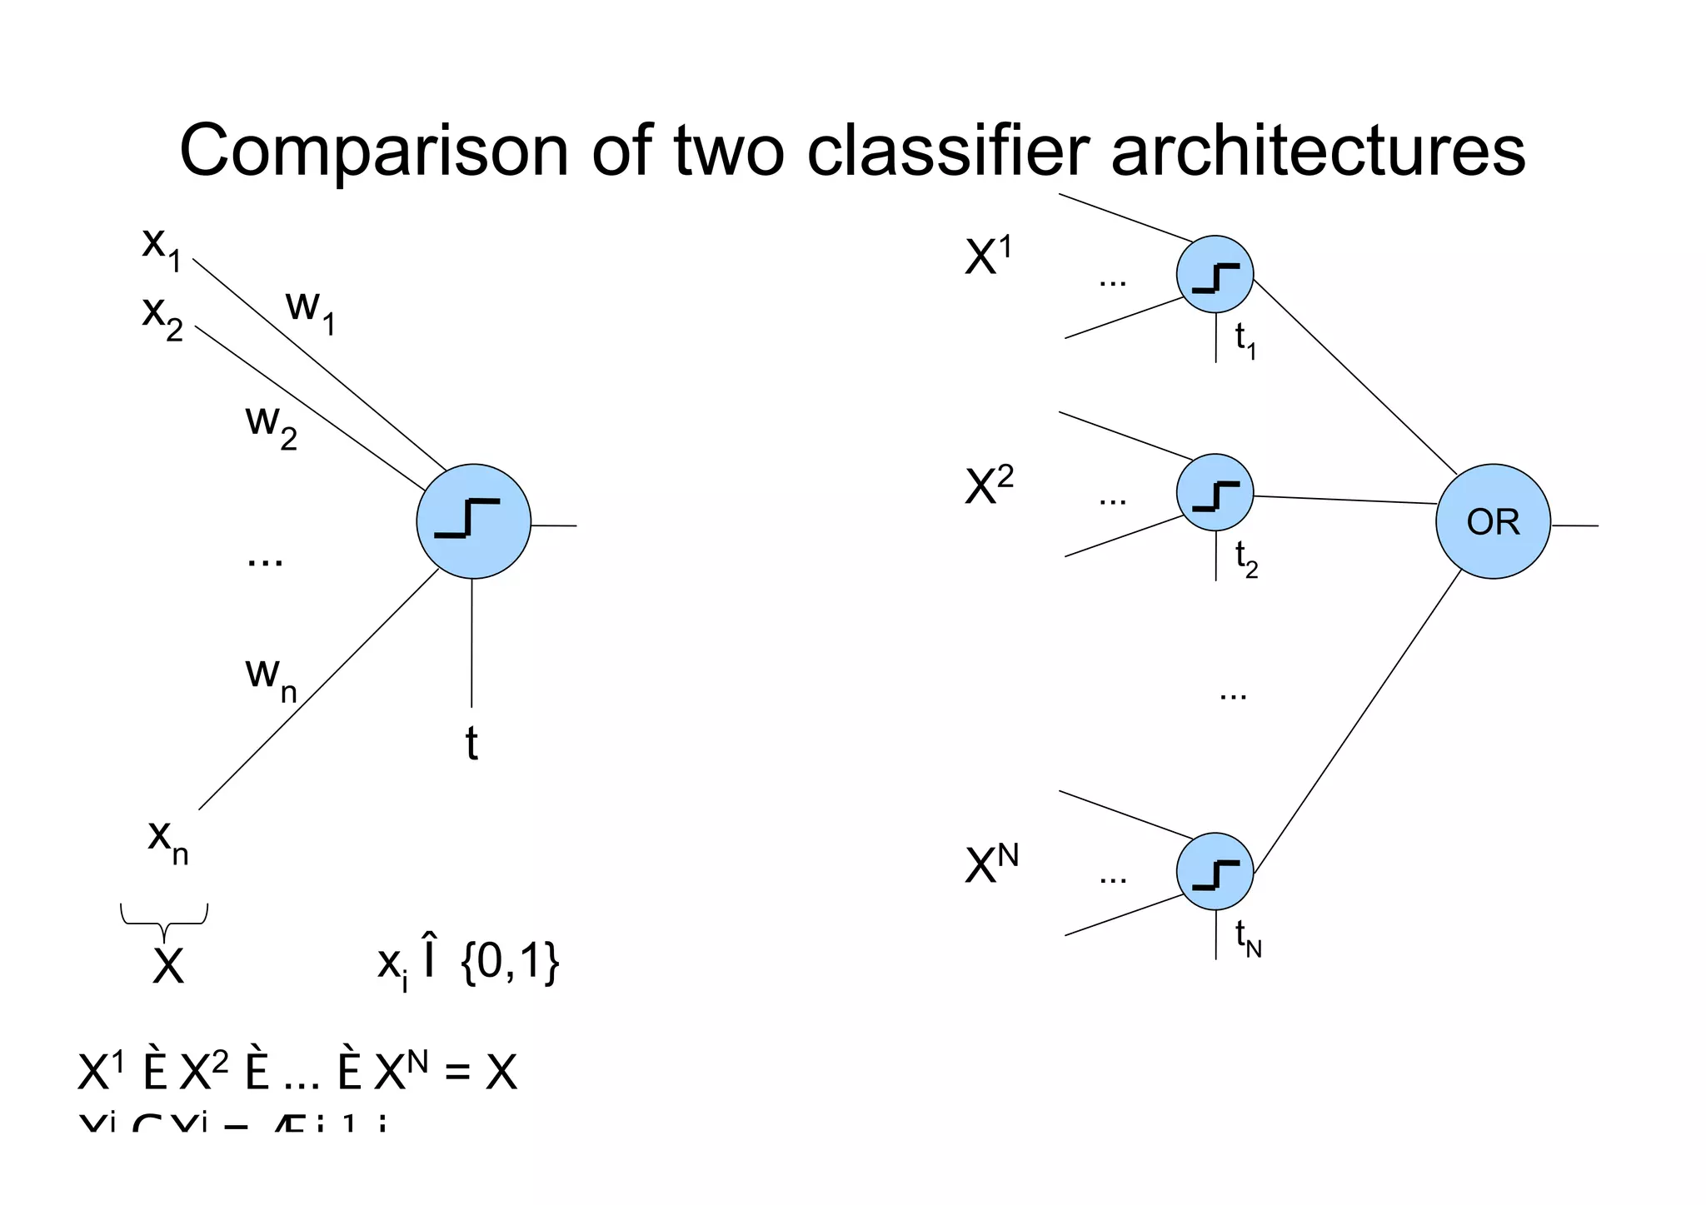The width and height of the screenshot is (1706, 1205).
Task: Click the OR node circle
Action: [1493, 521]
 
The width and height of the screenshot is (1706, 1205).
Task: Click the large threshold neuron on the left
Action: [473, 521]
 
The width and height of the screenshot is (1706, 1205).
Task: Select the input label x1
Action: [161, 247]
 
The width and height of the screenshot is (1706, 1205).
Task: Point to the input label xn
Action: [167, 839]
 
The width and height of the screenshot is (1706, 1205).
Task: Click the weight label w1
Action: [310, 310]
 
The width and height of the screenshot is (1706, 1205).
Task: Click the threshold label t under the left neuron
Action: [471, 743]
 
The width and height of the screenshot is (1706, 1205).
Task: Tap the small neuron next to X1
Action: [1215, 274]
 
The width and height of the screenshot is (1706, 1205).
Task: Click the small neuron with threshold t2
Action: [1215, 492]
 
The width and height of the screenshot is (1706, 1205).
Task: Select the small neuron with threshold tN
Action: [1215, 871]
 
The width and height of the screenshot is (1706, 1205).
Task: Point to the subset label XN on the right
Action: [991, 864]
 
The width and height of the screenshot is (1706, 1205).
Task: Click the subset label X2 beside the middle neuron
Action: [989, 485]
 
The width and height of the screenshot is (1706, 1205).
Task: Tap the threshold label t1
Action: [1245, 340]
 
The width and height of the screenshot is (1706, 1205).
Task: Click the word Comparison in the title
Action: [374, 152]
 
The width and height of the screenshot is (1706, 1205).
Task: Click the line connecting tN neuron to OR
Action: [1358, 721]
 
